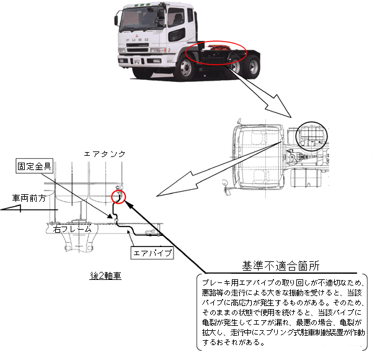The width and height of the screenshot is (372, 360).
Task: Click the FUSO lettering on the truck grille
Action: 136,44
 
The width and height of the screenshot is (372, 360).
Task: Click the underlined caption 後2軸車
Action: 105,275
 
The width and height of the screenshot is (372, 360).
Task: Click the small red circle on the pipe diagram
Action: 118,197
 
